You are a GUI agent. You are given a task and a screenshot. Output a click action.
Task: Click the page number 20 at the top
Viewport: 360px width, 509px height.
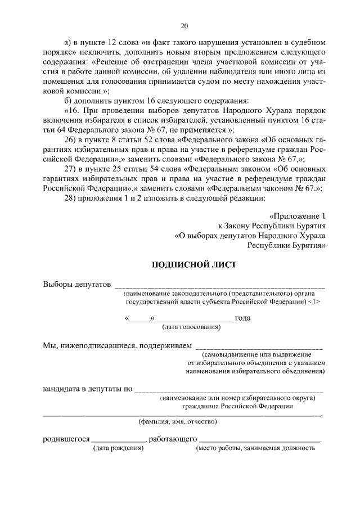pos(184,26)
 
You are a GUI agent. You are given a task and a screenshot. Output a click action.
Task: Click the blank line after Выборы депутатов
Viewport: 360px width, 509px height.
pos(219,286)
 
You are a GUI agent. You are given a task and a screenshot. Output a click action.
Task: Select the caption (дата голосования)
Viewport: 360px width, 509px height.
pos(191,327)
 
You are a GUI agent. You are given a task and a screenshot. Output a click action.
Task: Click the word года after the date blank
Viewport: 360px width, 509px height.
pos(243,318)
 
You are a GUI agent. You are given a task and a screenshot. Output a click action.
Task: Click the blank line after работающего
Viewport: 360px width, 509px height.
pos(260,441)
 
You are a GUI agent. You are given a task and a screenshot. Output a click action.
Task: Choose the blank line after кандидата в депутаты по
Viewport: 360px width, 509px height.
pos(229,390)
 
